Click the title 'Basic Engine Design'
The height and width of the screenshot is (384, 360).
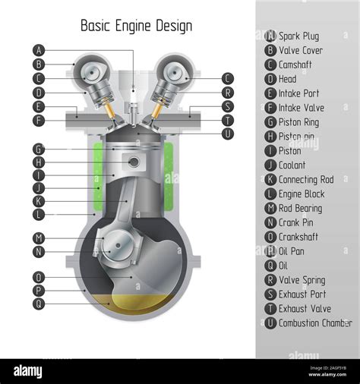[136, 26]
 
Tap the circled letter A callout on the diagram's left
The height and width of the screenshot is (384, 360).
[39, 50]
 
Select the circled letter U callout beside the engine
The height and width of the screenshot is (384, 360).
[228, 134]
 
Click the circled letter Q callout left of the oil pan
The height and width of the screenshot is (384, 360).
[39, 304]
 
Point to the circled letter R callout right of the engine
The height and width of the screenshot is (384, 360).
[228, 93]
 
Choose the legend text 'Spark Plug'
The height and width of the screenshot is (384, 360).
[298, 36]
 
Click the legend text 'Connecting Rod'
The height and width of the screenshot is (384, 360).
[305, 180]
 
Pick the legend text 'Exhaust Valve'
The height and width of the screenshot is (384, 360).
[304, 309]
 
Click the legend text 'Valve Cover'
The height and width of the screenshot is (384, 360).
[301, 50]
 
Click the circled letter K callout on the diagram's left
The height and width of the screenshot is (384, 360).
[39, 201]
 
